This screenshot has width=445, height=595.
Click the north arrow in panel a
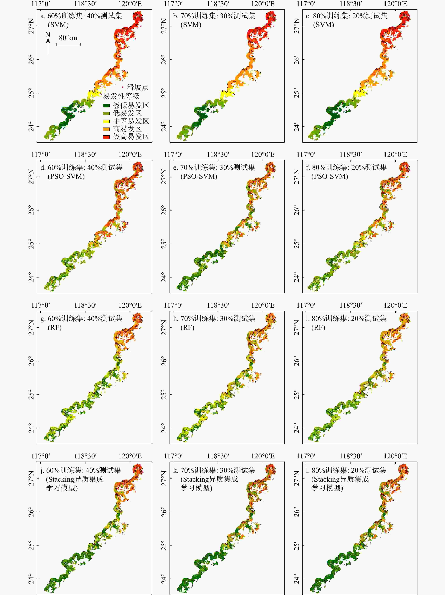tap(48, 46)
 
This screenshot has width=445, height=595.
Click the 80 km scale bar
tap(68, 44)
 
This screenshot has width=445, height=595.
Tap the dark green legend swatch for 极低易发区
tap(106, 105)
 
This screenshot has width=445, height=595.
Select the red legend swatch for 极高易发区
tap(106, 137)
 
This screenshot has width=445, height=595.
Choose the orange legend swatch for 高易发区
tap(106, 129)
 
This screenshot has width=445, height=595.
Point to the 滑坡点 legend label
tap(137, 87)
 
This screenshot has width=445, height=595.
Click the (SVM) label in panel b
tap(191, 25)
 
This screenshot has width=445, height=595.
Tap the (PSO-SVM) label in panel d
tap(66, 176)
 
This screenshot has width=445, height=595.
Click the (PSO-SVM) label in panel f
tap(330, 176)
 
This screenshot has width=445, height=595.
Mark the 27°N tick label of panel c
tap(297, 26)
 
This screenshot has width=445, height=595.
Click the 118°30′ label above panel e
tap(218, 154)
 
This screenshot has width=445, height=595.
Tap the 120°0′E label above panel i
tap(395, 305)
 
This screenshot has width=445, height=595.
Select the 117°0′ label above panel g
tap(41, 305)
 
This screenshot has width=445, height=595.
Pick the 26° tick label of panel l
tap(297, 512)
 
